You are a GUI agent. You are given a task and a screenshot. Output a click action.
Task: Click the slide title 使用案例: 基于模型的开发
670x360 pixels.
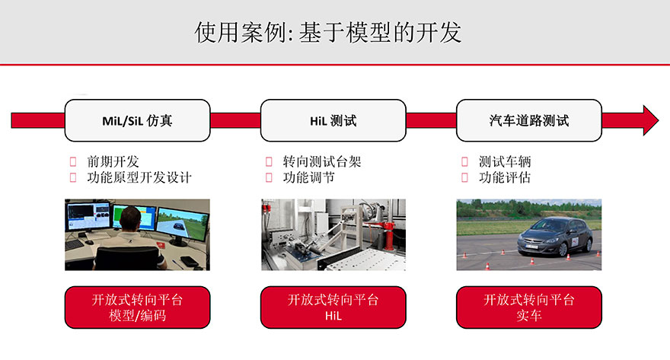coord(327,32)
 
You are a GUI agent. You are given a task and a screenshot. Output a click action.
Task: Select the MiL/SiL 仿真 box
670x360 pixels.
coord(137,120)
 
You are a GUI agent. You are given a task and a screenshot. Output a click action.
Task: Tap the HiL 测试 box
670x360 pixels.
coord(333,120)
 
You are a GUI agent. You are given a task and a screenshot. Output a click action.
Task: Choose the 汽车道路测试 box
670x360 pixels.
coord(529,120)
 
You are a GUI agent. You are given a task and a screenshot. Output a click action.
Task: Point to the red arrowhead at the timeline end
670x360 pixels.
coord(650,120)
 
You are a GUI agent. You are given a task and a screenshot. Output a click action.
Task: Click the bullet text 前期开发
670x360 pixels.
coord(113,161)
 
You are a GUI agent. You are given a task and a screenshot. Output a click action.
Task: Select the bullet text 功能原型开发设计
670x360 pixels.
coord(139,177)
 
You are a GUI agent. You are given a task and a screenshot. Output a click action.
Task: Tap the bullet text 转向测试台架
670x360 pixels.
coord(322,161)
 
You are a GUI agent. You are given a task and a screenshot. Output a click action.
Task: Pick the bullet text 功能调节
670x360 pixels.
coord(308,177)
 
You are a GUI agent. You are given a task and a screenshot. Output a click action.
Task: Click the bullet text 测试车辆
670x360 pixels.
coord(505,161)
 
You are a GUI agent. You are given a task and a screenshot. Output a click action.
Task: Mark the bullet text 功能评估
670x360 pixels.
coord(505,177)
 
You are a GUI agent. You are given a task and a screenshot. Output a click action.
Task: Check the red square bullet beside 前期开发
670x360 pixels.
coord(73,161)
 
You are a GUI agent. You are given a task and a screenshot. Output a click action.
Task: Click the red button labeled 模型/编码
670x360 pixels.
coord(137,307)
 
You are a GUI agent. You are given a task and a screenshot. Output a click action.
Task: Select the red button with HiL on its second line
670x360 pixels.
coord(333,307)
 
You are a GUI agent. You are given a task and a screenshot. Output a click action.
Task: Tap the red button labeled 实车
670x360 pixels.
coord(529,307)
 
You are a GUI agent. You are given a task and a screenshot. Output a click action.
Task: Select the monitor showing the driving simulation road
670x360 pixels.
coord(182,224)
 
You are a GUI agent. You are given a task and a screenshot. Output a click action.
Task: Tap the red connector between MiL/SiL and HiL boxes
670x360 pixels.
coord(235,120)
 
